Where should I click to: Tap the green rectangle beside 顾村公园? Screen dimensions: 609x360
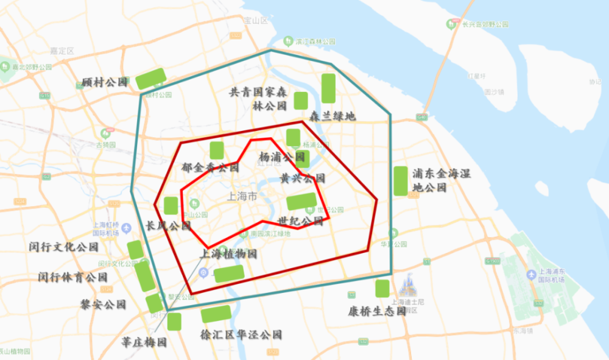[x=150, y=78]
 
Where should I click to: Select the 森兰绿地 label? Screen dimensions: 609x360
[x=331, y=116]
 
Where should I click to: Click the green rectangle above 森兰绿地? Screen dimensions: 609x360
[x=328, y=88]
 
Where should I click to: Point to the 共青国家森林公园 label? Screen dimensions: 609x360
[x=258, y=99]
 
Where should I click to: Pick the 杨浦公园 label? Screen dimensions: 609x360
[x=281, y=157]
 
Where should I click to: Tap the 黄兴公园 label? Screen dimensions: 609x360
[x=303, y=178]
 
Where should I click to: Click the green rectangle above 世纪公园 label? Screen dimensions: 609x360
[x=301, y=201]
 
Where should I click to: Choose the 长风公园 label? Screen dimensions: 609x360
[x=169, y=225]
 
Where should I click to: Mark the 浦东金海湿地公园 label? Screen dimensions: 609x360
[x=442, y=180]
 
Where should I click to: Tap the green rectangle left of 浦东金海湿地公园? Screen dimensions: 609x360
[x=400, y=180]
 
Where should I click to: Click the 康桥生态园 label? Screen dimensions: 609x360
[x=377, y=311]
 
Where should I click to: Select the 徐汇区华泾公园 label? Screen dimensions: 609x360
[x=241, y=334]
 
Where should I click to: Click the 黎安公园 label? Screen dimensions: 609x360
[x=103, y=304]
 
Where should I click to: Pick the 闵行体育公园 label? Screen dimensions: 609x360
[x=72, y=277]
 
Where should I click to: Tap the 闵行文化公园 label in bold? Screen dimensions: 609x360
[x=63, y=247]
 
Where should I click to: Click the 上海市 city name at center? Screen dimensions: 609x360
[x=241, y=197]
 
